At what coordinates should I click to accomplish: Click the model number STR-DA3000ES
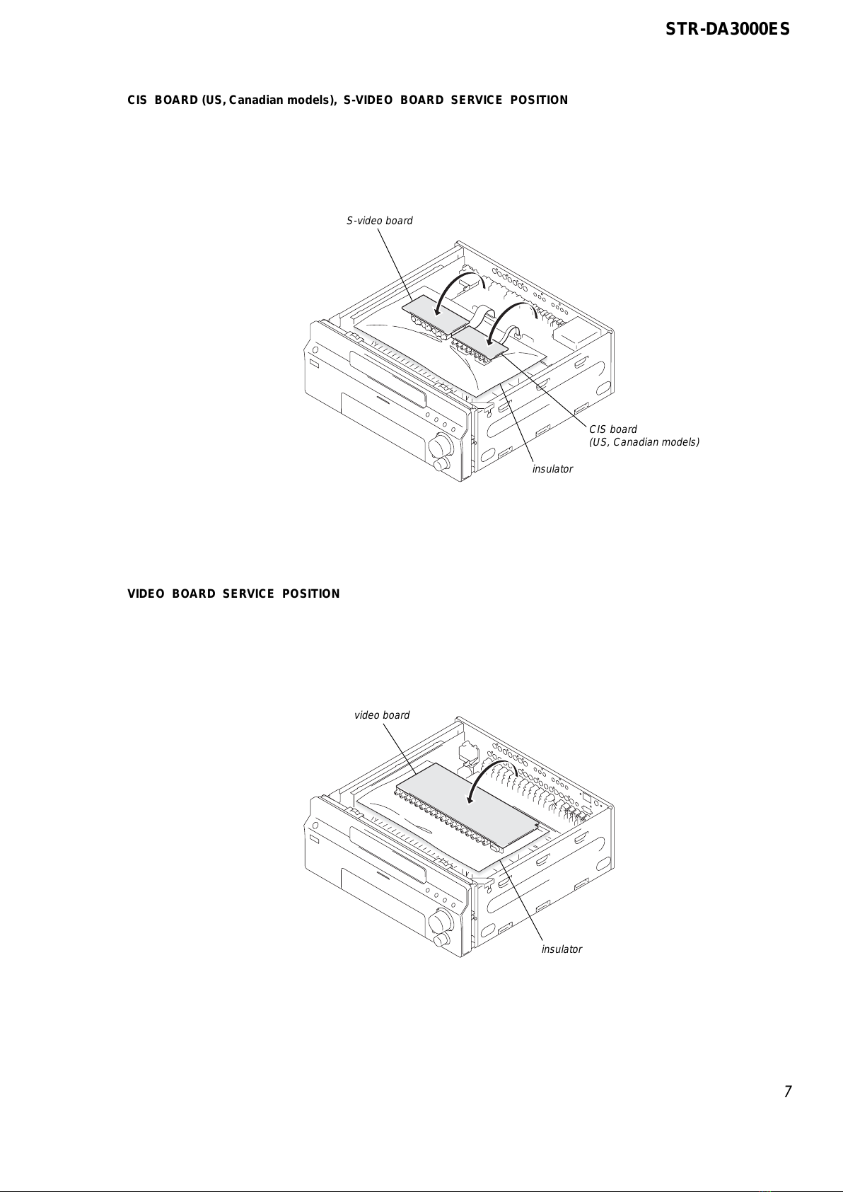(x=728, y=30)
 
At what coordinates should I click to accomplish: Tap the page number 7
(x=787, y=1091)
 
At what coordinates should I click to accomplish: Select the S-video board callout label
(x=379, y=221)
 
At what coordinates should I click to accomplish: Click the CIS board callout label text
(x=613, y=429)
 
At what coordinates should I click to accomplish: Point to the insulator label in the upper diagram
(x=552, y=469)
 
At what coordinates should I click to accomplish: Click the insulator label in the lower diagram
(x=562, y=949)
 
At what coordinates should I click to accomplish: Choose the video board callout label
(x=382, y=715)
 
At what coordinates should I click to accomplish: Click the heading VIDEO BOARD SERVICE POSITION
(x=233, y=594)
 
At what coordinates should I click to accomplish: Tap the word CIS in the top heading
(x=136, y=100)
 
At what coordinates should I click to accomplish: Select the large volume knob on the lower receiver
(x=441, y=922)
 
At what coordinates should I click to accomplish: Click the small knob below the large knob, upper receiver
(x=442, y=465)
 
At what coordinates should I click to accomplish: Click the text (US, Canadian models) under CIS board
(x=644, y=442)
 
